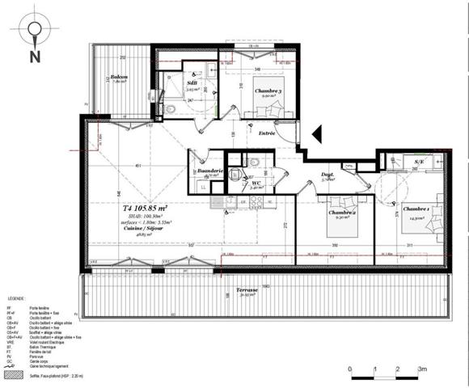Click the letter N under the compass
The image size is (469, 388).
35,56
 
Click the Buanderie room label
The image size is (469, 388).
209,171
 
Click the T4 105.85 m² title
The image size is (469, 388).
136,208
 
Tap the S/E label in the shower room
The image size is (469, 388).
419,162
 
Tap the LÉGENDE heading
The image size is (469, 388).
17,297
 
